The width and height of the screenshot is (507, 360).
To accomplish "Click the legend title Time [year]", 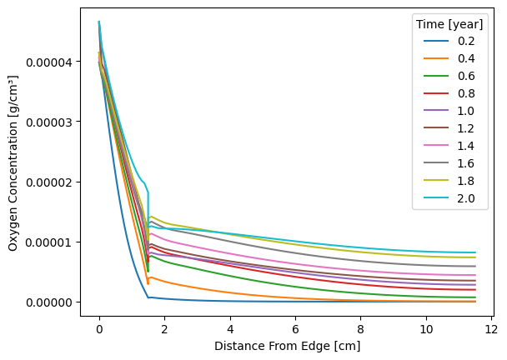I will [x=450, y=23].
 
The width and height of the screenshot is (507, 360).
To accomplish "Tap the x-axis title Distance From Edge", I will [x=287, y=346].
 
